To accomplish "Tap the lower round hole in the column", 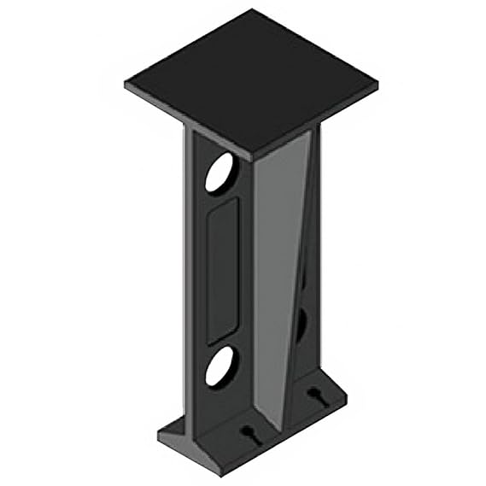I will [x=219, y=366].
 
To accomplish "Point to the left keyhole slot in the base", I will [x=249, y=434].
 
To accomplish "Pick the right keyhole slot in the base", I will [x=315, y=395].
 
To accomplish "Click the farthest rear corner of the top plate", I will [x=254, y=10].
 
